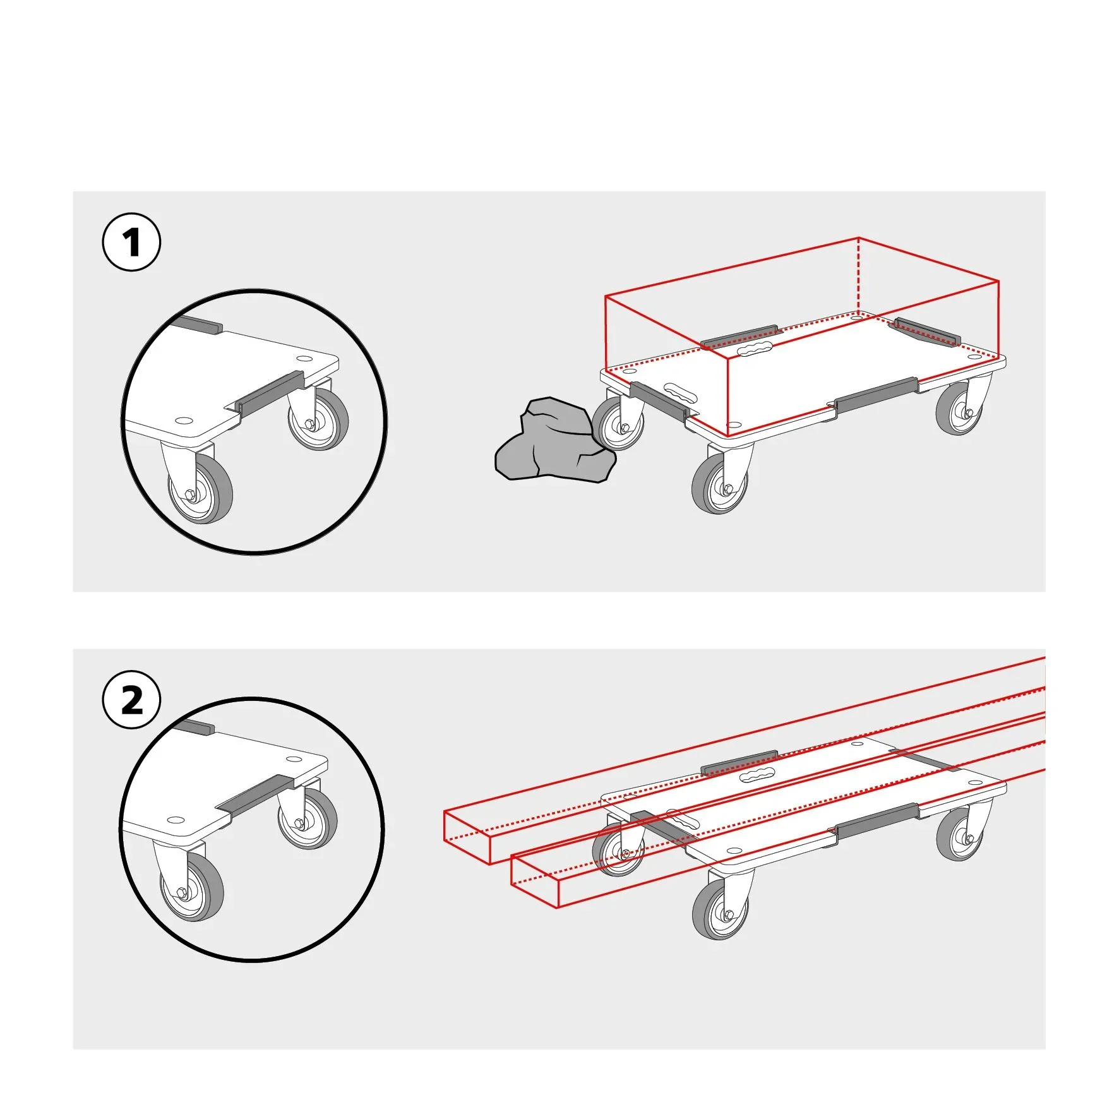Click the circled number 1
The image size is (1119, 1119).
(131, 242)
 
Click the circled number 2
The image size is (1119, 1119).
(131, 701)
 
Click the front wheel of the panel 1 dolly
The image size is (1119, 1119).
(720, 484)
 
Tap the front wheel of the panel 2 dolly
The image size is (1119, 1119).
(720, 910)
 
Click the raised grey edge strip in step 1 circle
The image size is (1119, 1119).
(270, 392)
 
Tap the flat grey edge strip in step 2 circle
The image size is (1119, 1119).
(255, 796)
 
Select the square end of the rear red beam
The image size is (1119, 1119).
(467, 837)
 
